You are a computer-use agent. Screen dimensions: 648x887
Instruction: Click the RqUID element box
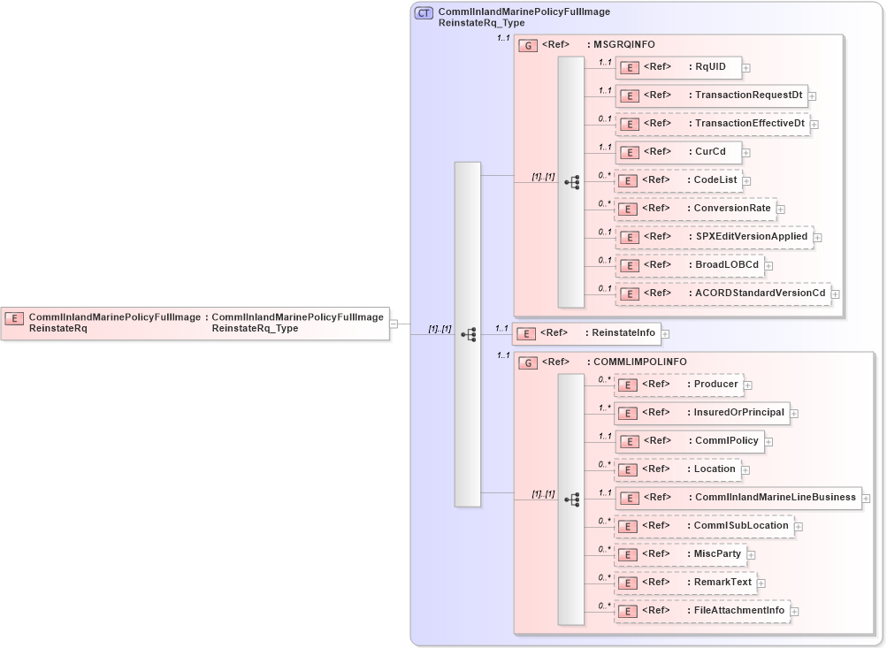pyautogui.click(x=677, y=67)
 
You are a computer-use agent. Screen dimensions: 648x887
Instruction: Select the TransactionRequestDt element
pyautogui.click(x=711, y=95)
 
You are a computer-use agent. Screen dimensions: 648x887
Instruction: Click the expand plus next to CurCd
pyautogui.click(x=746, y=153)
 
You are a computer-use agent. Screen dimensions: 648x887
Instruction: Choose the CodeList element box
pyautogui.click(x=677, y=180)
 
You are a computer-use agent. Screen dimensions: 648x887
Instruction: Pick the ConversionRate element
pyautogui.click(x=695, y=209)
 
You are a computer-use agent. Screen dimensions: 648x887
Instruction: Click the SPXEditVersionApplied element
pyautogui.click(x=714, y=237)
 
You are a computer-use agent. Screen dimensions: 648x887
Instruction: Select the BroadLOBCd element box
pyautogui.click(x=689, y=264)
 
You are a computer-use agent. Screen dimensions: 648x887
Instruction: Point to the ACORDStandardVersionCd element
pyautogui.click(x=723, y=293)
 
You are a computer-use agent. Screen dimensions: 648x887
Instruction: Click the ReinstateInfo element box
pyautogui.click(x=587, y=333)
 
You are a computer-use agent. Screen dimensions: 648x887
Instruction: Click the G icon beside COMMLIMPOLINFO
pyautogui.click(x=528, y=362)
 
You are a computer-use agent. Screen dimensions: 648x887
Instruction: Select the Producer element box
pyautogui.click(x=677, y=385)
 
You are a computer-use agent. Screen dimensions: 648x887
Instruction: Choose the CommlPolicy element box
pyautogui.click(x=689, y=441)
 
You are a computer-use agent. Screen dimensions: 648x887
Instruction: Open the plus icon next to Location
pyautogui.click(x=745, y=470)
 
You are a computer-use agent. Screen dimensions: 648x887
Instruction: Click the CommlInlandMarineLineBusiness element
pyautogui.click(x=738, y=498)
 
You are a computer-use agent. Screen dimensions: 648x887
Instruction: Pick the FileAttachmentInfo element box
pyautogui.click(x=701, y=611)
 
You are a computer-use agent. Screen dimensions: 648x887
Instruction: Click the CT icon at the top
pyautogui.click(x=424, y=13)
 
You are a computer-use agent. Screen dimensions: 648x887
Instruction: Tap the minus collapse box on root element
pyautogui.click(x=393, y=324)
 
